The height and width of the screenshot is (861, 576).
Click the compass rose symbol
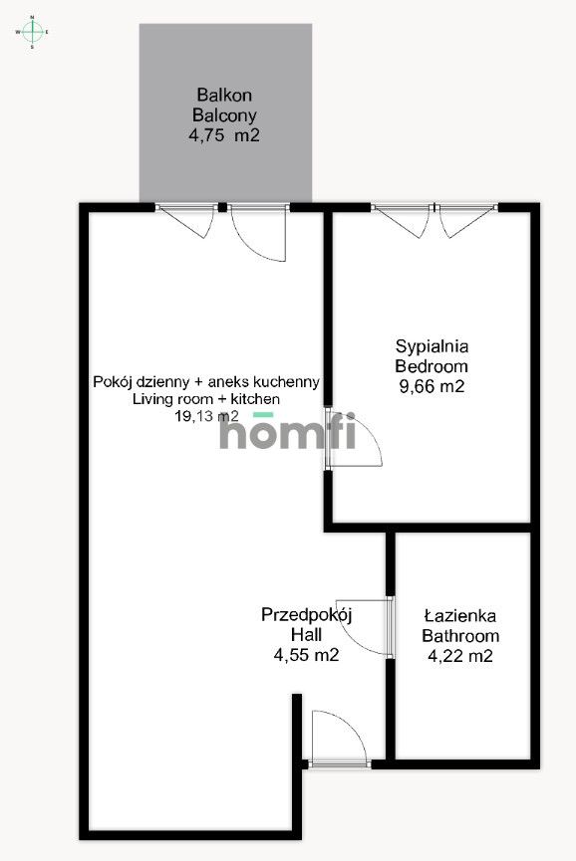point(32,32)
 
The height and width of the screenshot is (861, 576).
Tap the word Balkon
point(224,96)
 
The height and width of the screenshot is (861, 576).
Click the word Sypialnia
point(432,346)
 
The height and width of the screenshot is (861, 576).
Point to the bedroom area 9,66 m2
point(432,386)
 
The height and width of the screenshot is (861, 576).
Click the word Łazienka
point(459,616)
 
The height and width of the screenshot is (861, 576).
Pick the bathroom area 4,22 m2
point(459,656)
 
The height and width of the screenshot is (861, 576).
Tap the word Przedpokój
point(307,614)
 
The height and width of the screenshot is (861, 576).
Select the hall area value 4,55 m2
point(307,655)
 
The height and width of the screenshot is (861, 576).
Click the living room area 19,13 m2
point(206,417)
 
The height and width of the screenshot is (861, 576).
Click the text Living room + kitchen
point(206,399)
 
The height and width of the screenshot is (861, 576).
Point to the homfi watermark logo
point(274,435)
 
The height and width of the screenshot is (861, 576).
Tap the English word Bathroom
point(459,636)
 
